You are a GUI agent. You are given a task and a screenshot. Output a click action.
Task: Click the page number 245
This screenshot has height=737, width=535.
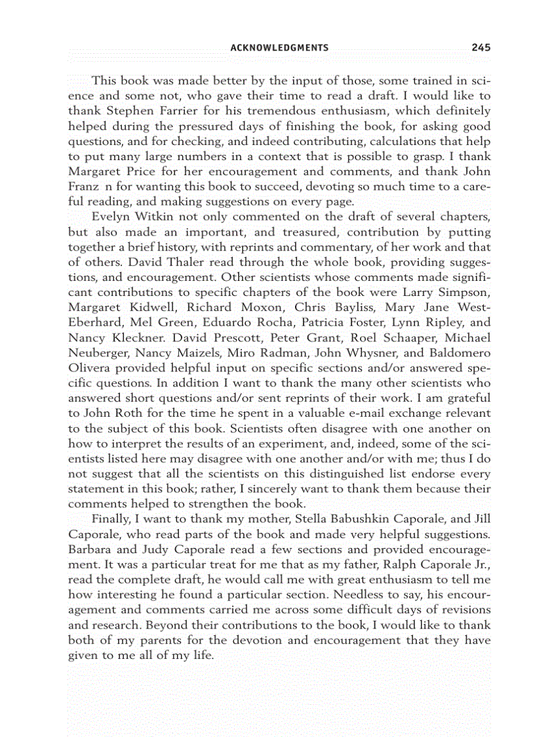point(481,47)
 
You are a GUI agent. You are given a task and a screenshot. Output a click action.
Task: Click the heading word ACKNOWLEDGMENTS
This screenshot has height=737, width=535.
point(279,48)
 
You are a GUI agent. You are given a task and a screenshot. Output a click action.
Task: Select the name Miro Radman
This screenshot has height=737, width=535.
point(254,352)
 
